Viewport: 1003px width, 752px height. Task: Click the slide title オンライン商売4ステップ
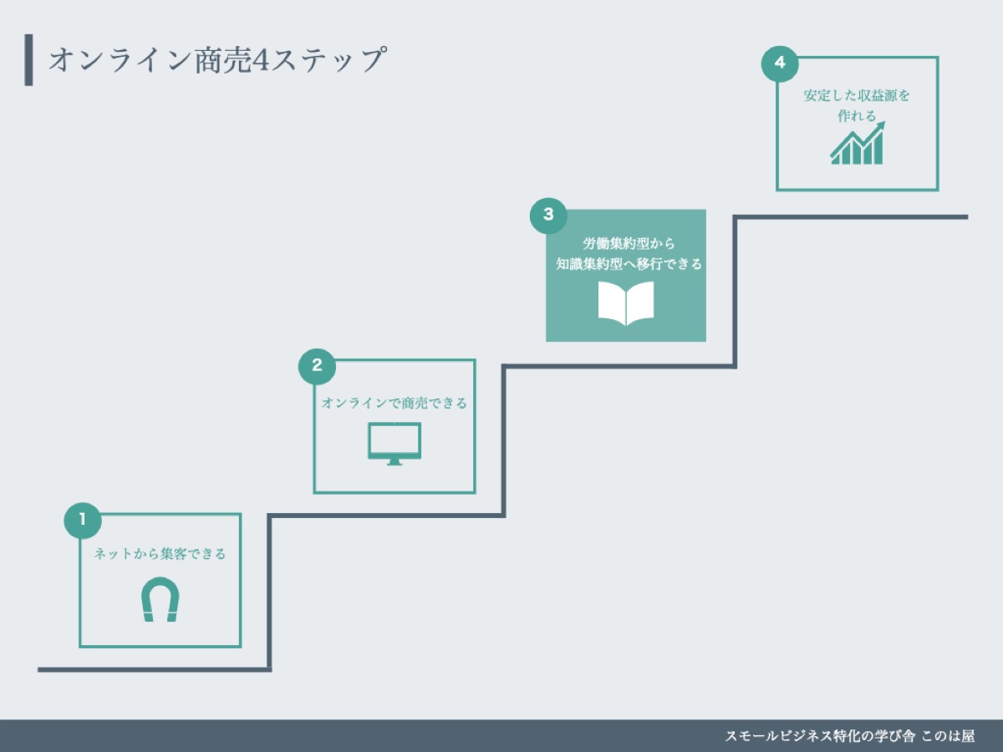click(217, 61)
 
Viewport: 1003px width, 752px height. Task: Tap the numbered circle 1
click(82, 520)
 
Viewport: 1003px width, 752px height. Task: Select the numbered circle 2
click(317, 365)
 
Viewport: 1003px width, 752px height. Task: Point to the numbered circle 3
click(548, 215)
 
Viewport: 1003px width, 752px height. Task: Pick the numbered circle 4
click(780, 64)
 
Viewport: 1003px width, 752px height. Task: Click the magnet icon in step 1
click(160, 600)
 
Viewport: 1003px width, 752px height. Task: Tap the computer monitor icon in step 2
click(395, 443)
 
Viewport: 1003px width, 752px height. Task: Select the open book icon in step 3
click(626, 303)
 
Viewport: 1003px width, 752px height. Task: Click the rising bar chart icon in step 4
click(857, 144)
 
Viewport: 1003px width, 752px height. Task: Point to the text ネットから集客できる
click(160, 554)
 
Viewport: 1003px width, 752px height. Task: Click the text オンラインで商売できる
click(395, 404)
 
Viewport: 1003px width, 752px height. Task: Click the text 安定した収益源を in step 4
click(857, 95)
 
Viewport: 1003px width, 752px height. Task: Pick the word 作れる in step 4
click(857, 116)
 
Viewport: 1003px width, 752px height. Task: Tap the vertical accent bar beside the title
click(29, 60)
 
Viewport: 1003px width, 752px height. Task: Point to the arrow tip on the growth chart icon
click(882, 125)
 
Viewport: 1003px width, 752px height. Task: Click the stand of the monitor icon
click(395, 461)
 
